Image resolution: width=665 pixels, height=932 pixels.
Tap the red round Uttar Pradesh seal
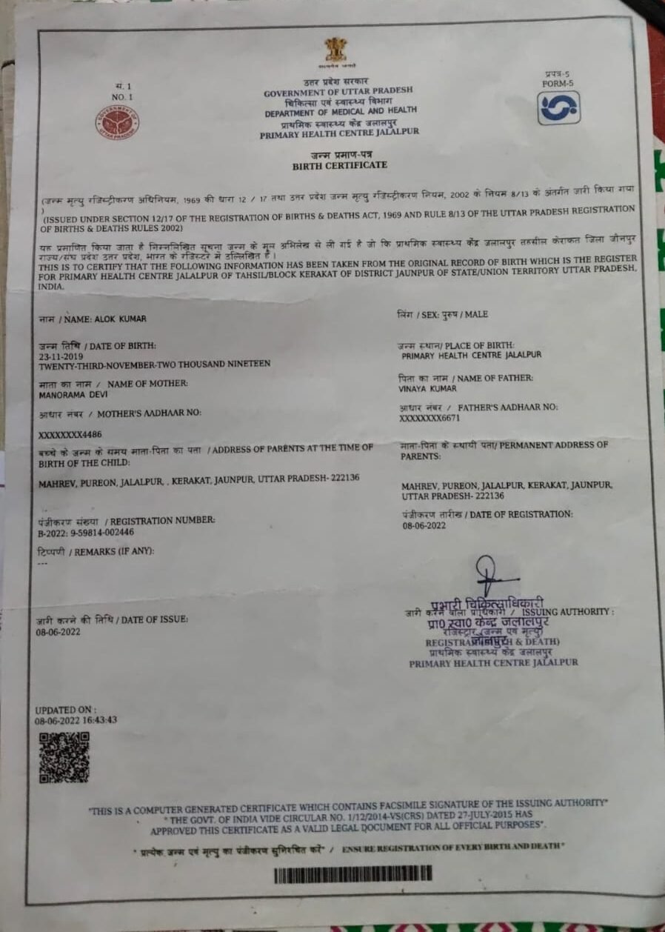(x=116, y=122)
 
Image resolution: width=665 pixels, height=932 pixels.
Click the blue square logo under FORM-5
(x=558, y=108)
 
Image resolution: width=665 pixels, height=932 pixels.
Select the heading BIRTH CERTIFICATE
(x=339, y=165)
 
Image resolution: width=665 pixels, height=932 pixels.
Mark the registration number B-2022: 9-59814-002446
(x=86, y=531)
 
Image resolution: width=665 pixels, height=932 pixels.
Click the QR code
(x=64, y=757)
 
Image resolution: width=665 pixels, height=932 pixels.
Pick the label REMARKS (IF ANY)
(x=112, y=550)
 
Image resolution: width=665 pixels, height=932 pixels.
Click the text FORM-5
(x=558, y=83)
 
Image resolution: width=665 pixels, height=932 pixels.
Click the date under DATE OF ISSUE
(x=58, y=632)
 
